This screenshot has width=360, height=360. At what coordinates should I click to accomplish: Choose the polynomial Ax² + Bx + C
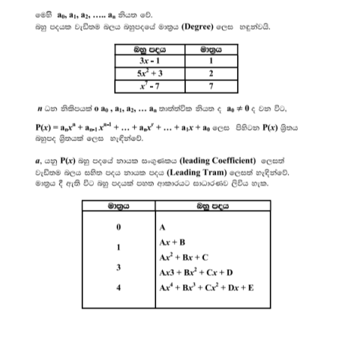click(x=184, y=256)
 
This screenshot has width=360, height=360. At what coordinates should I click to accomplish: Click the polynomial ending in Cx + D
click(x=196, y=272)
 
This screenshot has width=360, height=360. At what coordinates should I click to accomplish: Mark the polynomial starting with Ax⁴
click(x=206, y=287)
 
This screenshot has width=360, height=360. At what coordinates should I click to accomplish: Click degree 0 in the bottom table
click(x=118, y=227)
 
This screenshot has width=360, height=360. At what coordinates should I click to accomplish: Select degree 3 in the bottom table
click(x=118, y=267)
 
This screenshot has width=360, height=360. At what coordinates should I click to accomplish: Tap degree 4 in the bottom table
click(x=118, y=287)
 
